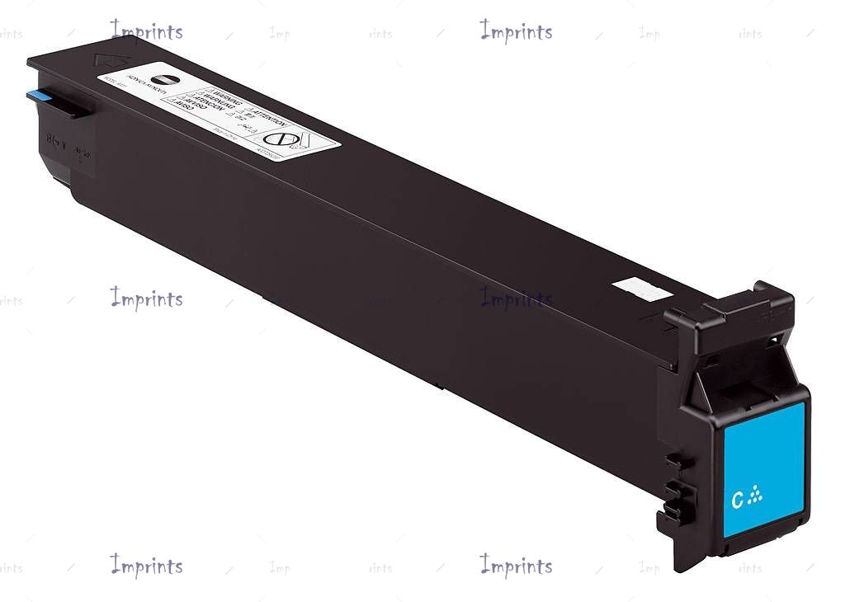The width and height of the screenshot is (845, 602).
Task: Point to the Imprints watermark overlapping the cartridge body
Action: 516,299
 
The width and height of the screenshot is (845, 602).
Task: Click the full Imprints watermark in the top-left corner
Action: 146,31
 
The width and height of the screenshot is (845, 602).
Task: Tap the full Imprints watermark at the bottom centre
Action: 516,566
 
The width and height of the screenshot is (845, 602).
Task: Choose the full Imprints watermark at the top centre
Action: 516,31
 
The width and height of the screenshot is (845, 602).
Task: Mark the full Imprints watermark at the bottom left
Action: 146,566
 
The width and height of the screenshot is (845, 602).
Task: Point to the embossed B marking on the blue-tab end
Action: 52,139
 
